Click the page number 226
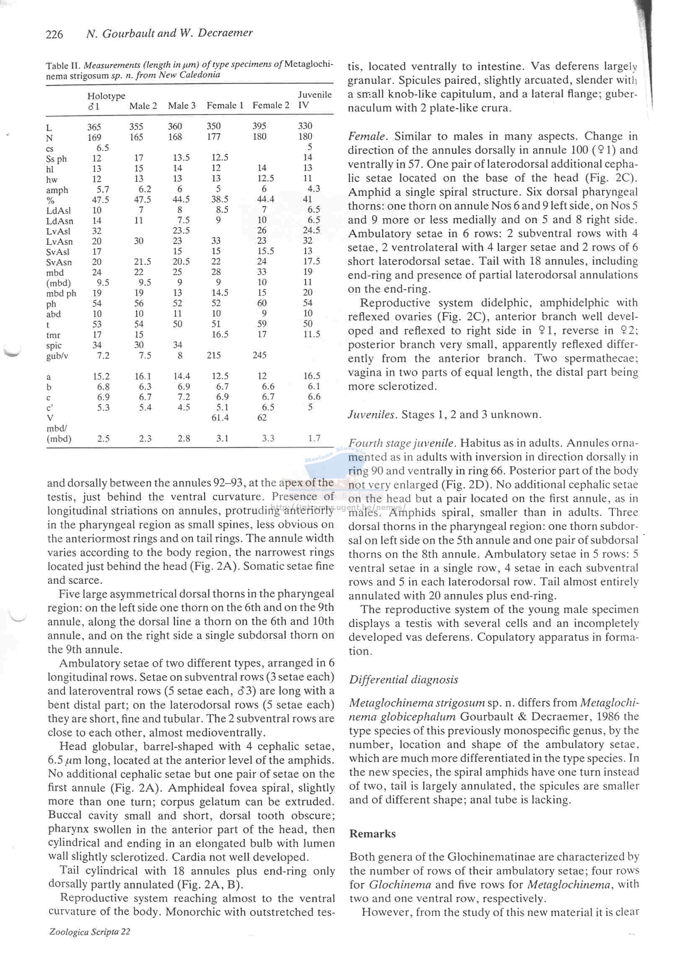coord(54,34)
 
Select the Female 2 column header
coord(270,105)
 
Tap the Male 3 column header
coord(181,106)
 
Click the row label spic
coord(54,346)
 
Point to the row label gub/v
coord(57,356)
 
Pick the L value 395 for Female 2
coord(259,126)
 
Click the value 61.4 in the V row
coord(220,417)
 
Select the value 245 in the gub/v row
coord(259,355)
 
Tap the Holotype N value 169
coord(94,137)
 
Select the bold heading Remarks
coord(372,833)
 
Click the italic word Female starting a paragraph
coord(366,136)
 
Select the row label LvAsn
coord(59,242)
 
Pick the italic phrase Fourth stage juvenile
coord(401,443)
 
